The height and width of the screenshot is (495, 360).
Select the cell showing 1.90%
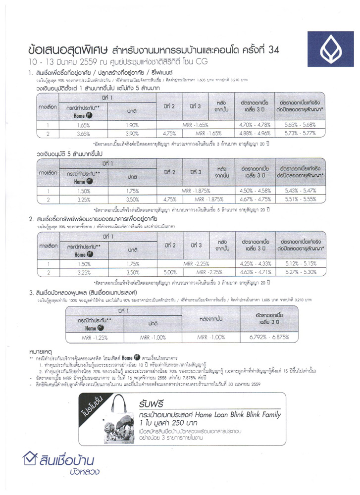point(131,125)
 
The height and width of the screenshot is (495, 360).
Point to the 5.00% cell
point(170,272)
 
